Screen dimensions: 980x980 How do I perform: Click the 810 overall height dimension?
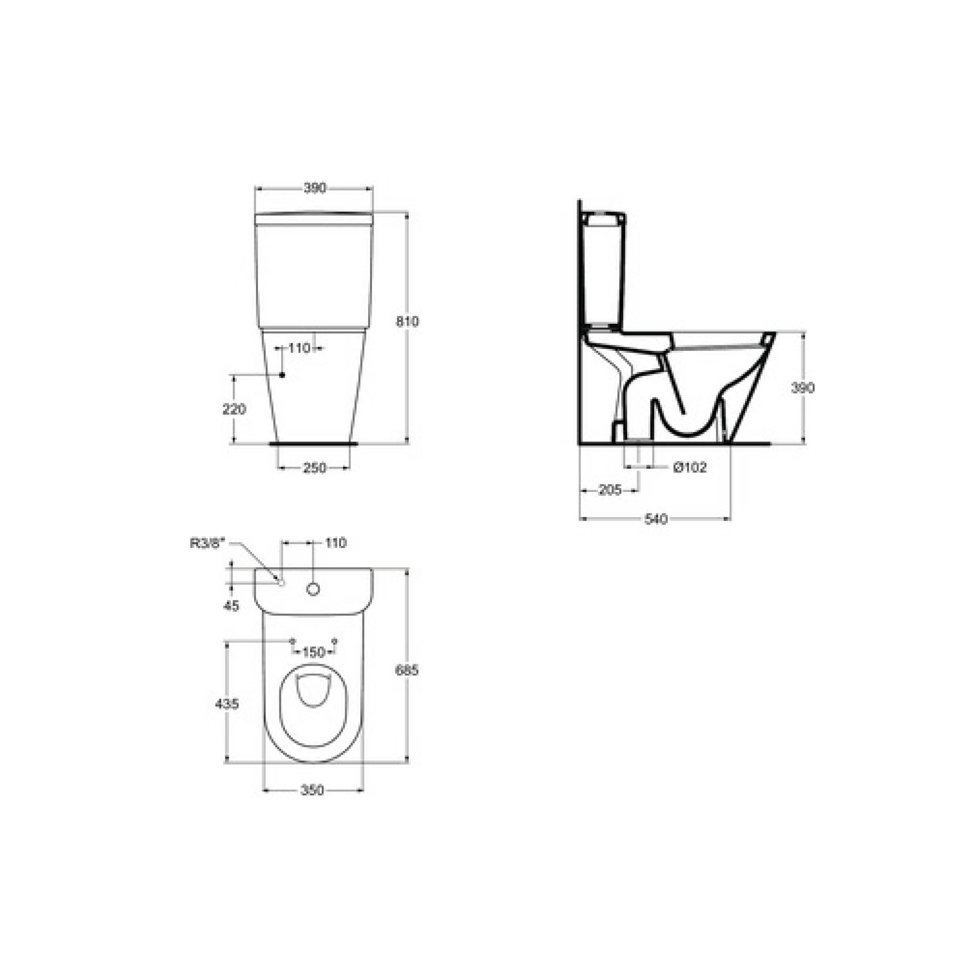tap(407, 321)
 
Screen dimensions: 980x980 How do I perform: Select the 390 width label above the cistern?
tap(314, 188)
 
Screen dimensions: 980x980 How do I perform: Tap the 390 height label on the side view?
tap(802, 388)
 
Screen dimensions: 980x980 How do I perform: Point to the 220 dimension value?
tap(234, 409)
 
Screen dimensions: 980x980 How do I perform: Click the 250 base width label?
tap(314, 468)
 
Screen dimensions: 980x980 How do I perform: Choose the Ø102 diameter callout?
tap(690, 467)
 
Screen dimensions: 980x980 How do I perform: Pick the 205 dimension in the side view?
tap(610, 490)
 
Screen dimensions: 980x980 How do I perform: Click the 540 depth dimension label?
tap(655, 519)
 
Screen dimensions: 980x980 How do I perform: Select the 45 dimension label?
tap(231, 606)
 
